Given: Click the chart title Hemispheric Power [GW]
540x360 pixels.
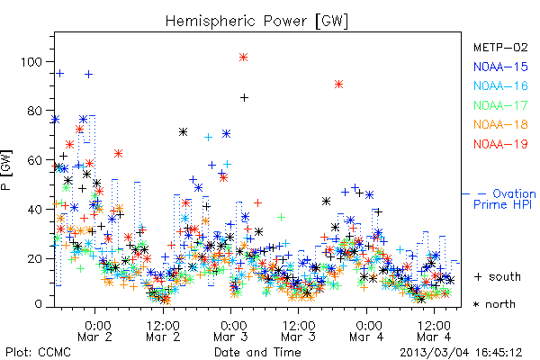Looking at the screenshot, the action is [x=256, y=22].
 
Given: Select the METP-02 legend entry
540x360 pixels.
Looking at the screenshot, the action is [x=500, y=47].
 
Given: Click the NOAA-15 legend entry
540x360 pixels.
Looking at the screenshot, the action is [x=500, y=67].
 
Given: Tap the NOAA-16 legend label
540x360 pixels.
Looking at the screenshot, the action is [x=500, y=85].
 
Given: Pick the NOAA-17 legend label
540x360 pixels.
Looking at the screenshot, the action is [x=500, y=105].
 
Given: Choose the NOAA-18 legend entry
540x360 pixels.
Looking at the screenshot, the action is [x=500, y=124].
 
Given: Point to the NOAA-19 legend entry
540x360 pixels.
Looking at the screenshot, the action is [x=500, y=144].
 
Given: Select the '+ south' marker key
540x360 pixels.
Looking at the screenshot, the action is [x=498, y=276].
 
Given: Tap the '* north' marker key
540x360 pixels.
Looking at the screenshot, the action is [x=494, y=304].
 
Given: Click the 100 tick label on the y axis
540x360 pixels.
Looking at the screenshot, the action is [x=31, y=62].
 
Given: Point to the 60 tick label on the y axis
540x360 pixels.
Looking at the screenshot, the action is [x=34, y=160].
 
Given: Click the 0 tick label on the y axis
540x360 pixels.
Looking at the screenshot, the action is [x=38, y=304].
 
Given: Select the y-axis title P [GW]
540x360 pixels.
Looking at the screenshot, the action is [x=6, y=170].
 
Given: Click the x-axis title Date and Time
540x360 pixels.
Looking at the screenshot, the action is [x=257, y=353].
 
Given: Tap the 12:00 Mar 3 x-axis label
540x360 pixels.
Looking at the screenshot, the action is [x=299, y=331].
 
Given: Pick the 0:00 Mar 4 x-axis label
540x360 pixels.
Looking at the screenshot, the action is [x=366, y=331].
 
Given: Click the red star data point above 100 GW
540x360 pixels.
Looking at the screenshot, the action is [x=244, y=58].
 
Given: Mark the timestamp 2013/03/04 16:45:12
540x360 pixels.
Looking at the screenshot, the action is [x=461, y=353].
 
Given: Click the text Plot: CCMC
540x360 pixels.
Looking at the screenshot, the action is [x=38, y=353].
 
